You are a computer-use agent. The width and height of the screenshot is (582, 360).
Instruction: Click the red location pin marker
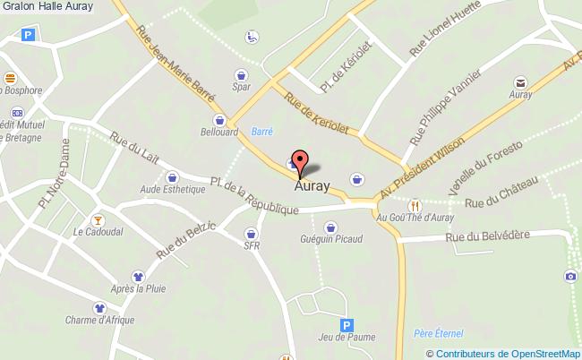pyautogui.click(x=301, y=161)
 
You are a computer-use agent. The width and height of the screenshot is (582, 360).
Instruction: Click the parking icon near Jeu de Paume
pyautogui.click(x=346, y=326)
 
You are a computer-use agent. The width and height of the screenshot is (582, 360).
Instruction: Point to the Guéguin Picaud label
pyautogui.click(x=331, y=239)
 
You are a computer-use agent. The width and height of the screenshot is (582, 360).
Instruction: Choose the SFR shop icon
pyautogui.click(x=250, y=234)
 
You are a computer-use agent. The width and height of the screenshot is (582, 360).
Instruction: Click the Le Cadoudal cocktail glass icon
pyautogui.click(x=98, y=219)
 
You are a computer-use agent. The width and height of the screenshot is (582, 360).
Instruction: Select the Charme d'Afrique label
pyautogui.click(x=99, y=321)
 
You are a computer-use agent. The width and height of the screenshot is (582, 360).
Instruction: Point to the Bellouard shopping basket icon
pyautogui.click(x=218, y=120)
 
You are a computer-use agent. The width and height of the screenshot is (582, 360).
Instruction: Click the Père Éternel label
pyautogui.click(x=438, y=333)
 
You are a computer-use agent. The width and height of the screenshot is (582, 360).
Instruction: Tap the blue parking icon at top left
pyautogui.click(x=29, y=36)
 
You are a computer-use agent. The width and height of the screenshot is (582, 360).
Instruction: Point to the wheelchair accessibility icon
pyautogui.click(x=252, y=38)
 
